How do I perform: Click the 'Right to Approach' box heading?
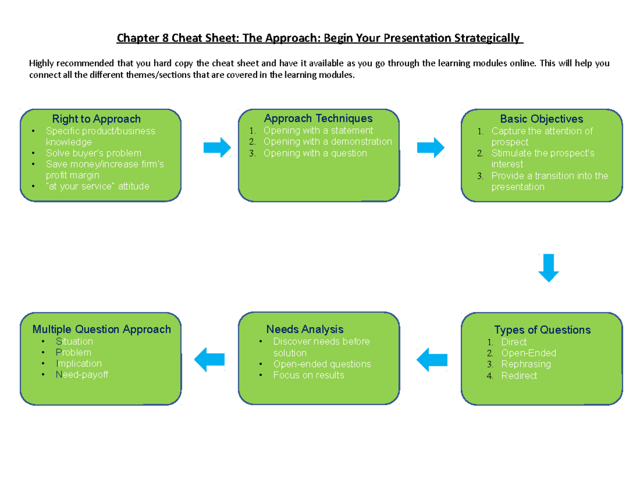[x=96, y=119]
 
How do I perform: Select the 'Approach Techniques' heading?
[x=318, y=118]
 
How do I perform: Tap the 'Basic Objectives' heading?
[x=541, y=119]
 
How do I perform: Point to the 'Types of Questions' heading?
[x=542, y=330]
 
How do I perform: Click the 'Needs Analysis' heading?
[x=305, y=329]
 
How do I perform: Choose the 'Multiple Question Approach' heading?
[x=102, y=329]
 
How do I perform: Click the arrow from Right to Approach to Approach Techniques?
[x=217, y=147]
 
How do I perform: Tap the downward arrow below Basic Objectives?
[x=548, y=268]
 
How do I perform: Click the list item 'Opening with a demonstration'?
[x=327, y=142]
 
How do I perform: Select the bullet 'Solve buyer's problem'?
[x=93, y=153]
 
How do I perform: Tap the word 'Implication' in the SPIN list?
[x=78, y=363]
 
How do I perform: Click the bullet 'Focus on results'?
[x=308, y=375]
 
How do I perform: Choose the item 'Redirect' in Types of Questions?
[x=519, y=376]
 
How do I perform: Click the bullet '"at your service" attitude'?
[x=98, y=187]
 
